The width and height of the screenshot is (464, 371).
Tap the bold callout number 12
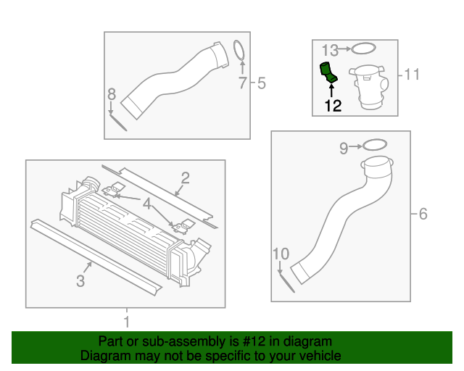pyautogui.click(x=332, y=106)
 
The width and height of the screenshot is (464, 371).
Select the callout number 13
pyautogui.click(x=330, y=50)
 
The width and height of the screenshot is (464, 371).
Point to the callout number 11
pyautogui.click(x=413, y=74)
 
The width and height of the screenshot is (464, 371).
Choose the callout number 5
pyautogui.click(x=261, y=84)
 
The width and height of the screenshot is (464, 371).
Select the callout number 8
pyautogui.click(x=111, y=93)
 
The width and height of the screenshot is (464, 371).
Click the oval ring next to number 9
pyautogui.click(x=372, y=145)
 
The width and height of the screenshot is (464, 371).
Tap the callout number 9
pyautogui.click(x=344, y=149)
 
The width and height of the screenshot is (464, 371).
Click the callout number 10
pyautogui.click(x=281, y=254)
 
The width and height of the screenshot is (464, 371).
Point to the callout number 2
pyautogui.click(x=185, y=178)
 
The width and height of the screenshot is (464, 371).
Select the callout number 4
pyautogui.click(x=148, y=204)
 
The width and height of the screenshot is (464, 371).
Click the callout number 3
pyautogui.click(x=80, y=280)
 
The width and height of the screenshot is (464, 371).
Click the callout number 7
pyautogui.click(x=243, y=84)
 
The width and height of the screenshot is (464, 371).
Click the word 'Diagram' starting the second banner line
pyautogui.click(x=104, y=356)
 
